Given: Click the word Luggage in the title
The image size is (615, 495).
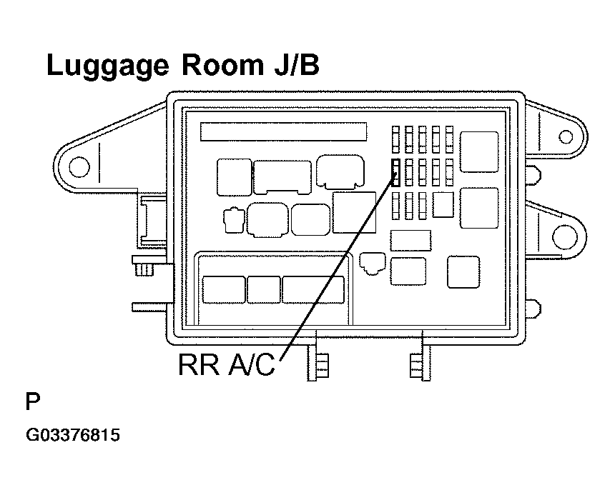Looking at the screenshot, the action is tap(108, 66).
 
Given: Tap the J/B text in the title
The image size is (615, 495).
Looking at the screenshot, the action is tap(297, 65).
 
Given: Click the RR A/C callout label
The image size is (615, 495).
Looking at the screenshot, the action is tap(226, 364).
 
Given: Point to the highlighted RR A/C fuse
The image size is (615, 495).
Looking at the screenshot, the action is tap(395, 172).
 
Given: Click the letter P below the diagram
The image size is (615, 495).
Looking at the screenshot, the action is tap(33, 401).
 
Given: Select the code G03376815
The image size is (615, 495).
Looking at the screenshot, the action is tap(72, 435).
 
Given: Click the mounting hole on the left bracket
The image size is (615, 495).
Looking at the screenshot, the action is tap(79, 167).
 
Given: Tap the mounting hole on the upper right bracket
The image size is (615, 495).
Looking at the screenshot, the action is tap(565, 137).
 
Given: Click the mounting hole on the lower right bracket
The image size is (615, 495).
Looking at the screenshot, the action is tap(565, 237).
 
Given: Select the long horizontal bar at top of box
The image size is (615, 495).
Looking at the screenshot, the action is tap(284, 131).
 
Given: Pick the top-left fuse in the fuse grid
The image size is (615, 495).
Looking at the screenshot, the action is tap(395, 139).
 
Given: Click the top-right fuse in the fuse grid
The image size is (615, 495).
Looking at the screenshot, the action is tap(450, 139).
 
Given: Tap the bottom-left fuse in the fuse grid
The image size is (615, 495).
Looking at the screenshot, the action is tap(395, 206).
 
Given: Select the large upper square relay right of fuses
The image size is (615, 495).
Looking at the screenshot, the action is tap(479, 152).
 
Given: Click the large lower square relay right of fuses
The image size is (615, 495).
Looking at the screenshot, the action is tap(479, 208).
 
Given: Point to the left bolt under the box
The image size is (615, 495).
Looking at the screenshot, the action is tap(318, 365).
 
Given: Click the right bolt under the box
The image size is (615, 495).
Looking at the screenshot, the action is tap(420, 365).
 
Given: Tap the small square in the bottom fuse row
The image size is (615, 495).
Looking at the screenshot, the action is tap(443, 204).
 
